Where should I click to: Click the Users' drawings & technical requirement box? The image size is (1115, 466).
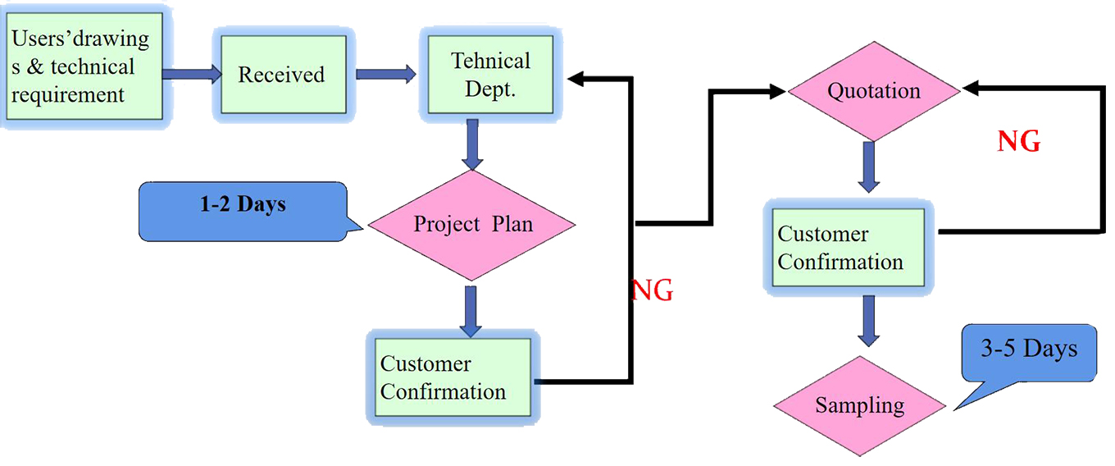point(82,66)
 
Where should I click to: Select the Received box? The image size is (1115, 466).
point(281,75)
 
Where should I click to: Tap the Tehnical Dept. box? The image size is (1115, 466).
point(490,74)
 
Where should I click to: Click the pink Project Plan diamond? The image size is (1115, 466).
point(472,224)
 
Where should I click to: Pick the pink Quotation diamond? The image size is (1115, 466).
point(873,91)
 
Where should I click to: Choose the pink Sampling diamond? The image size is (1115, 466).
point(860,405)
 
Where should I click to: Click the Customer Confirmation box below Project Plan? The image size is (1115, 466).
point(450,377)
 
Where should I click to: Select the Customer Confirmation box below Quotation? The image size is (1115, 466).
point(849,249)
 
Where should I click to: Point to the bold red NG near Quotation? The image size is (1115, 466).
point(1019,143)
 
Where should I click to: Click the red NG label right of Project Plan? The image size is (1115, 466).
point(653,290)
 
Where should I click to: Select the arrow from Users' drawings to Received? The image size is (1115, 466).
point(191,75)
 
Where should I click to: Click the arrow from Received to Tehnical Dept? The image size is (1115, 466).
point(385,75)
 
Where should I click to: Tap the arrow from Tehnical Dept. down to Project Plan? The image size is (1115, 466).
point(471,143)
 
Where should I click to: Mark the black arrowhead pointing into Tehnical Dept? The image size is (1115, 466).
point(577,79)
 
